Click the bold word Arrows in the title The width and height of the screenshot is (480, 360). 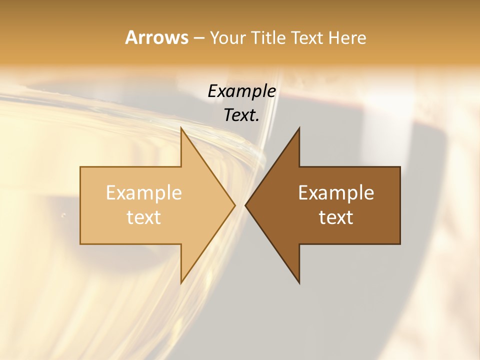pyautogui.click(x=156, y=37)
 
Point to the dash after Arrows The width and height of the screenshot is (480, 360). pyautogui.click(x=198, y=38)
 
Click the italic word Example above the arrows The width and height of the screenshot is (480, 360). pyautogui.click(x=241, y=91)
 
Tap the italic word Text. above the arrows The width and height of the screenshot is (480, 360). pyautogui.click(x=241, y=115)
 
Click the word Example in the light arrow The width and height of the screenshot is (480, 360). pyautogui.click(x=143, y=193)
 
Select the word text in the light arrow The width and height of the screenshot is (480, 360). pyautogui.click(x=143, y=217)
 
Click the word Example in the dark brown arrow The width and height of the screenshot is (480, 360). pyautogui.click(x=336, y=193)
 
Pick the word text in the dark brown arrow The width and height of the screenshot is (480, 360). pyautogui.click(x=336, y=217)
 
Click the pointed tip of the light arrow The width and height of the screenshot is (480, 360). pyautogui.click(x=235, y=205)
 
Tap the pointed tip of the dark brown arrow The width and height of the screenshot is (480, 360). pyautogui.click(x=245, y=205)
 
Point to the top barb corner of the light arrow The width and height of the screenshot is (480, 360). pyautogui.click(x=181, y=128)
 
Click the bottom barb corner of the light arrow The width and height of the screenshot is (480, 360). pyautogui.click(x=181, y=283)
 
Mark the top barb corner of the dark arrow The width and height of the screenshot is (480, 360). pyautogui.click(x=299, y=128)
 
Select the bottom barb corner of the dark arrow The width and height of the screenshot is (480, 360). pyautogui.click(x=299, y=283)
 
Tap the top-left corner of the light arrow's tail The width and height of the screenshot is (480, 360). pyautogui.click(x=81, y=167)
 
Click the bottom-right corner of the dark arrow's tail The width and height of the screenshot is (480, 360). pyautogui.click(x=399, y=243)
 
